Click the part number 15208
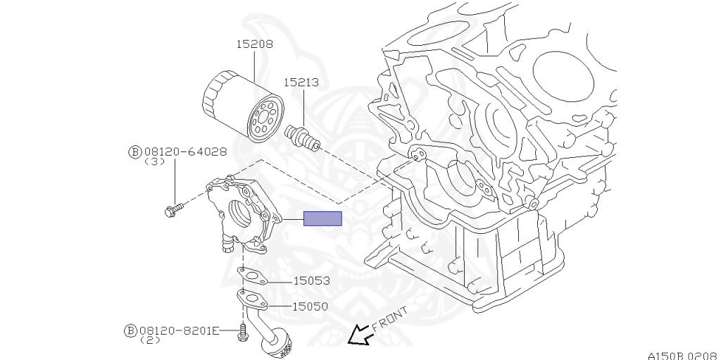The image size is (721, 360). coord(254,44)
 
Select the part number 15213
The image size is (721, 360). coord(301,82)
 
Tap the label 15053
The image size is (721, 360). coord(311,280)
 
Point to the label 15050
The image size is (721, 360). coord(311,306)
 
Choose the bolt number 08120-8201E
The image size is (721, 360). coord(180,330)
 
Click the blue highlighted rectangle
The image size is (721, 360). coord(322,219)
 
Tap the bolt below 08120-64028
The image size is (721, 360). coord(173,209)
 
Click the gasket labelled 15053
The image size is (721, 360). coord(251,275)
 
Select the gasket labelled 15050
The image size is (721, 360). coord(253,300)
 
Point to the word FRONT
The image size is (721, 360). coord(389,319)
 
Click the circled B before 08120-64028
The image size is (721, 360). coord(134,151)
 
